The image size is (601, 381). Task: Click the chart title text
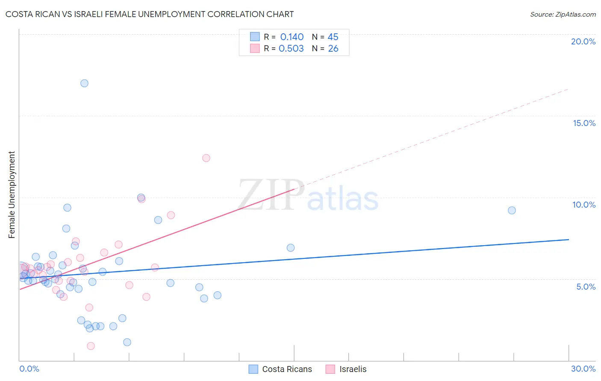point(150,14)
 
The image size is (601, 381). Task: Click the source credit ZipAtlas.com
point(563,14)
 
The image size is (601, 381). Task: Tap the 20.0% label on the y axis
point(583,41)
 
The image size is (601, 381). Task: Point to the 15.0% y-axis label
point(584,123)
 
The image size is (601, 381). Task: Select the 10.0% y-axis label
point(584,205)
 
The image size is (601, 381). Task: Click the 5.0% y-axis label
point(586,287)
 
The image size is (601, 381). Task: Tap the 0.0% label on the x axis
point(29,369)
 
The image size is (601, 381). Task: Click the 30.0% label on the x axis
point(583,369)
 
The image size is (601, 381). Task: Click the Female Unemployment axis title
point(12,194)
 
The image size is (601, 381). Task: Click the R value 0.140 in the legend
point(292,37)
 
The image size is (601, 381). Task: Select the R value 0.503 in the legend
point(291,49)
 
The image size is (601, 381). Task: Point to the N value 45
point(333,37)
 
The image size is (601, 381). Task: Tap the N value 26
point(333,49)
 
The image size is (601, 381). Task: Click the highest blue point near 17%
point(84,83)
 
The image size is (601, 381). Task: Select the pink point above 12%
point(206,158)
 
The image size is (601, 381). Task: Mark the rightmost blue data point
point(512,210)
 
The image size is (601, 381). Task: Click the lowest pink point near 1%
point(91,346)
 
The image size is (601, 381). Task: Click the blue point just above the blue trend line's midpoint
point(291,248)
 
